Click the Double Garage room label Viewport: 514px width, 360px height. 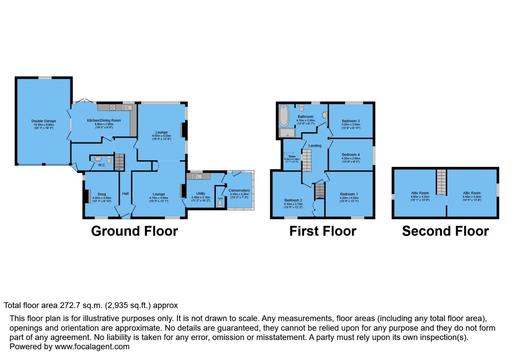tap(44, 121)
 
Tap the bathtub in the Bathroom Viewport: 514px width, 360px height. tap(284, 116)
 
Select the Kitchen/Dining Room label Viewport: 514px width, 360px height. tap(104, 120)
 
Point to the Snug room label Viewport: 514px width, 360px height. tap(102, 194)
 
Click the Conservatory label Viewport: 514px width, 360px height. tap(239, 190)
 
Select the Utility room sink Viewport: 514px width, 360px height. tap(199, 176)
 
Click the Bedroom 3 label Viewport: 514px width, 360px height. tap(351, 121)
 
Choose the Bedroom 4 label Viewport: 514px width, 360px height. tap(351, 155)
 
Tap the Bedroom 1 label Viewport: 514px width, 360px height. tap(349, 194)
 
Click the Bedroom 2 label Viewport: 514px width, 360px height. tap(293, 200)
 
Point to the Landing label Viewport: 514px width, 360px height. tap(315, 146)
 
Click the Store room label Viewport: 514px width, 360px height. tap(292, 156)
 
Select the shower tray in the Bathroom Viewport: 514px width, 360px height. tap(287, 133)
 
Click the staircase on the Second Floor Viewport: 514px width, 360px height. tap(441, 182)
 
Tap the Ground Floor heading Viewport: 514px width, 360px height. tap(134, 231)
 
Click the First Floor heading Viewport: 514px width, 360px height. tap(323, 231)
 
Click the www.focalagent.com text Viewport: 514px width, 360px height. tap(92, 346)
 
